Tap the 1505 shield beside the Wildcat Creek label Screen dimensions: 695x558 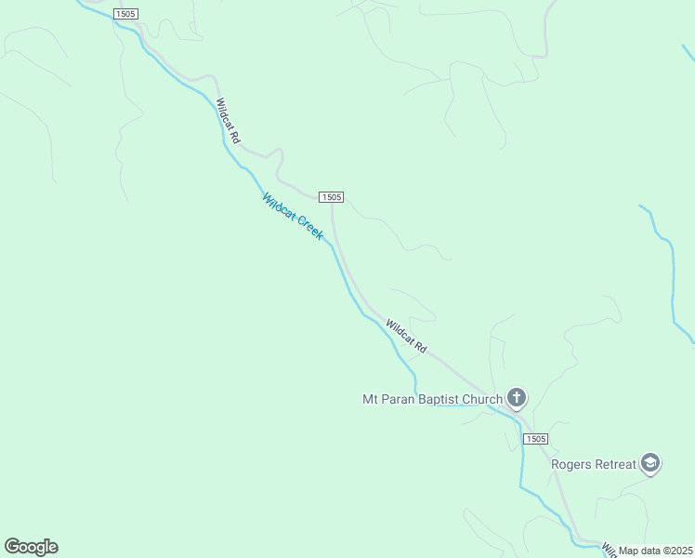tap(332, 197)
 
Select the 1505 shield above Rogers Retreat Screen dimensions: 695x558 tap(534, 439)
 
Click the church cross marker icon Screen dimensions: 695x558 tap(517, 399)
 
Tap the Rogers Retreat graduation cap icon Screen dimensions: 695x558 tap(650, 463)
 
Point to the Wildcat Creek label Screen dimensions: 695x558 tap(293, 217)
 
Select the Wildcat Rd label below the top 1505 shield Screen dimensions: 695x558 tap(228, 121)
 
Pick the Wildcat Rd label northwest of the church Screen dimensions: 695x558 tap(406, 336)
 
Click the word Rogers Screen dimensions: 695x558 tap(571, 464)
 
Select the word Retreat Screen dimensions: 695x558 tap(616, 464)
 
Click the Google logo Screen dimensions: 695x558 tap(31, 547)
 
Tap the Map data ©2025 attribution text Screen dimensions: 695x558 tap(656, 551)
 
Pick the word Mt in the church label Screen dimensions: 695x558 tap(369, 400)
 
